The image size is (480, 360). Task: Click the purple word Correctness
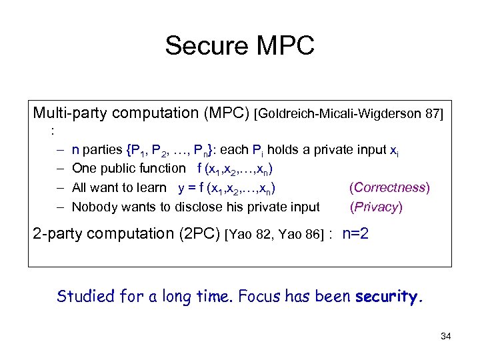390,187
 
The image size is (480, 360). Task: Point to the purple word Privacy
376,207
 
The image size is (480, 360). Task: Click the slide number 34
446,336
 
